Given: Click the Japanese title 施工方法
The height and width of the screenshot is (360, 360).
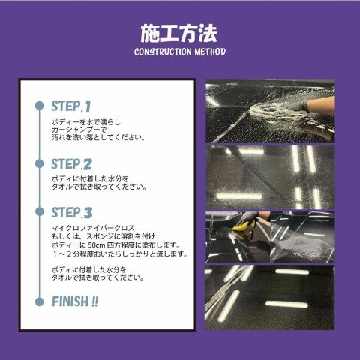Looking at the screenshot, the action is [178, 34].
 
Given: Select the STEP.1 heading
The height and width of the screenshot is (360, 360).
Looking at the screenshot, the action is [70, 106].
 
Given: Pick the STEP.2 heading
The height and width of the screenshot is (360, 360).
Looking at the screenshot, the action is [71, 164].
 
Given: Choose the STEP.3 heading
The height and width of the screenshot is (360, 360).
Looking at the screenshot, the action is [72, 212].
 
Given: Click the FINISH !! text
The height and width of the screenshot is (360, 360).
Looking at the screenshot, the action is [75, 301].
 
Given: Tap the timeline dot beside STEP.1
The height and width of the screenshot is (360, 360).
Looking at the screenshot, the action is [40, 106].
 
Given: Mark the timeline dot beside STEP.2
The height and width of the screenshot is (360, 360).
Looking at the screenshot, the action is [40, 164].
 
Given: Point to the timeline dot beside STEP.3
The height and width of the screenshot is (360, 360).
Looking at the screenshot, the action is [40, 211].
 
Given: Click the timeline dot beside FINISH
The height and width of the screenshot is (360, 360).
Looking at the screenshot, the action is [40, 301].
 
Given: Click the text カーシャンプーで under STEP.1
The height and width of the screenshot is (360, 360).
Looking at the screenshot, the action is [79, 130].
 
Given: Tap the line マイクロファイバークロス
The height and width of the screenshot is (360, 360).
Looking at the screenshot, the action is [93, 228].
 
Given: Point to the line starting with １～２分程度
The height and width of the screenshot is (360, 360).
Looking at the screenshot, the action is [120, 253].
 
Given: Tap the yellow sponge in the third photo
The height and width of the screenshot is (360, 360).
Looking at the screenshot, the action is [243, 226].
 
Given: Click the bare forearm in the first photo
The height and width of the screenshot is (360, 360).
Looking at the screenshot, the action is [321, 105].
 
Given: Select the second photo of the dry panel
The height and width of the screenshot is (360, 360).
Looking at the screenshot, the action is [270, 177].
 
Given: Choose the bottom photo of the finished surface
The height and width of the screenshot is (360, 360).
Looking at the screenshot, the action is [269, 297].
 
